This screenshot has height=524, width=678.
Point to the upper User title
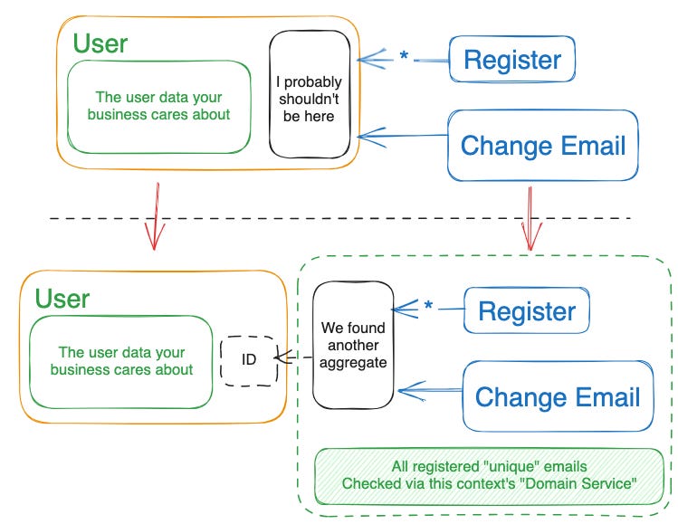[x=100, y=43]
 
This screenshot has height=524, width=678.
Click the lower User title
[x=62, y=299]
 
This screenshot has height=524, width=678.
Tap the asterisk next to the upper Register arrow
[x=404, y=55]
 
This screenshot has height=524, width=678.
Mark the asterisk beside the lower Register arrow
[x=428, y=305]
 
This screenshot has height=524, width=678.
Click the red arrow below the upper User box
[x=155, y=216]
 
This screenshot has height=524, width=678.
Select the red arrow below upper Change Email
[x=530, y=219]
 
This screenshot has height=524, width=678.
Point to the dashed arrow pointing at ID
[x=293, y=357]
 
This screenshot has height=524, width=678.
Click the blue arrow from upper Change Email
[x=403, y=137]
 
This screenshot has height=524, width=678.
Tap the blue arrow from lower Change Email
[x=430, y=390]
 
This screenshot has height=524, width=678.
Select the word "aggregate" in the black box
[x=353, y=363]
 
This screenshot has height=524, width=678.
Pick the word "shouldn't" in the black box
[x=309, y=99]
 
